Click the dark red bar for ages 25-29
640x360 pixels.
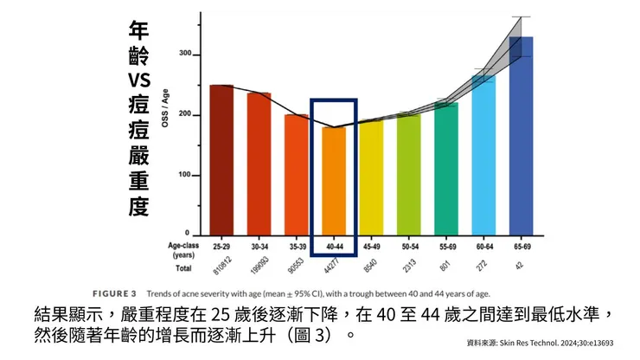[x=221, y=160]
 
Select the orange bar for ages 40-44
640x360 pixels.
[x=333, y=182]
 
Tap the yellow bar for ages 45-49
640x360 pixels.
[x=371, y=178]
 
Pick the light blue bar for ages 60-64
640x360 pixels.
[x=483, y=156]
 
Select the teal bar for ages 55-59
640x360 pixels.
[x=446, y=170]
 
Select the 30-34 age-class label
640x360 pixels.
[x=259, y=246]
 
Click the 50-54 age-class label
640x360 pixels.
[x=408, y=246]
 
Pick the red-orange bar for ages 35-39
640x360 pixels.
[x=296, y=175]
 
